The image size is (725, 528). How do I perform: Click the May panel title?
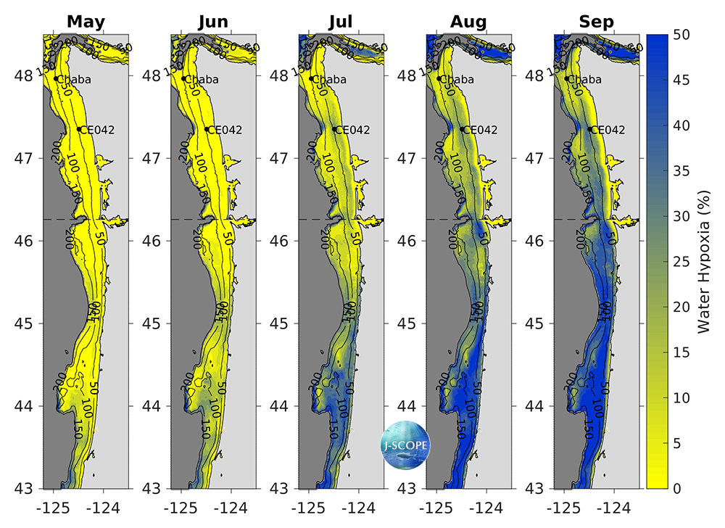pos(86,22)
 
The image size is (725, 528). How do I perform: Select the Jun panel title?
pos(213,22)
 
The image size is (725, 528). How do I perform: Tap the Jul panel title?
pos(341,22)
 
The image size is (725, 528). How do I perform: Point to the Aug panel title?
pos(468,22)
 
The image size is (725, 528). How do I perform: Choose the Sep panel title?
pos(596,22)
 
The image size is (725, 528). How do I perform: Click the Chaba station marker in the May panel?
pos(56,78)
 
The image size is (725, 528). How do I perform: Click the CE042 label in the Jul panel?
pos(352,130)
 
